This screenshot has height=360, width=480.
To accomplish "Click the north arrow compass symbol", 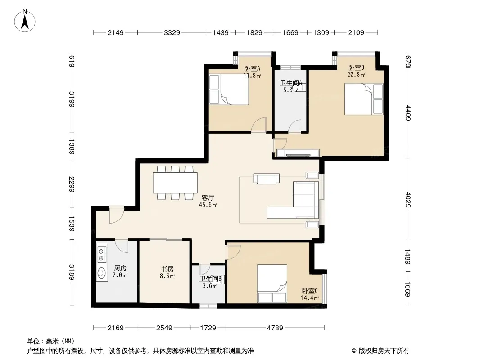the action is pos(25,21).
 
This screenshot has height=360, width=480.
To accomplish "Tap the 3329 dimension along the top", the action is pos(172,32).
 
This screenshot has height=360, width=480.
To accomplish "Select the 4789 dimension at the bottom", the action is pos(275,328).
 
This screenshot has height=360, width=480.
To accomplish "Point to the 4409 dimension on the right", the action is pos(408,113).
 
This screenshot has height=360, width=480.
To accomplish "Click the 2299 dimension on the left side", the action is pos(72,184).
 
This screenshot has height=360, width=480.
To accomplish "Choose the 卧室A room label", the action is pos(252,68).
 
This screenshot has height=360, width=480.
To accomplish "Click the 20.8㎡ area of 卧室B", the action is pos(356,75).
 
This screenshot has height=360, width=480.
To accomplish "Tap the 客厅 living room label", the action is pos(208,198).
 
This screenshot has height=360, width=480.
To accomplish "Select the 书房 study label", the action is pos(168,269).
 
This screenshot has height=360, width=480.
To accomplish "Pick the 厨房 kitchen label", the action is pos(120,268).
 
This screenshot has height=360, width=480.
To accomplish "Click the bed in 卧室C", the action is pos(272,283).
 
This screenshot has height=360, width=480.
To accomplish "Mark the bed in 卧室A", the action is pos(229,90).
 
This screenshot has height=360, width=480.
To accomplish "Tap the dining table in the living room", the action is pos(175,183).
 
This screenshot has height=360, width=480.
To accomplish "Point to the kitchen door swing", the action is pos(122,246).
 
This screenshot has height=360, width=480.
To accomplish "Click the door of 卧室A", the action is pos(258,125).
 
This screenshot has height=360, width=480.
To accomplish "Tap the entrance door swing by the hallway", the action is pos(116,216).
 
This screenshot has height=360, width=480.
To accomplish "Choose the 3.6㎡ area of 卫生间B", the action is pos(210,286).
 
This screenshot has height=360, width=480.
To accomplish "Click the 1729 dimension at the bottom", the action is pos(208,328).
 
